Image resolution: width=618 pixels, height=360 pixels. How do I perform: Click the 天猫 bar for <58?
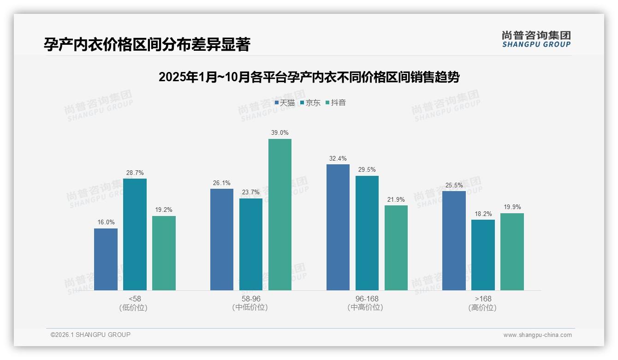[106, 259]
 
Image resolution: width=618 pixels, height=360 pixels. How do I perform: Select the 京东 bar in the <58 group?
[135, 234]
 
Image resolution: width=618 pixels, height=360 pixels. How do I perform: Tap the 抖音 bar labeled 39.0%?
[280, 215]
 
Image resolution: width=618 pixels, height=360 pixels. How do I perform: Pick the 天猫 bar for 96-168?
[338, 227]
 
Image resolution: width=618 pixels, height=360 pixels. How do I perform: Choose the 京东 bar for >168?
[483, 255]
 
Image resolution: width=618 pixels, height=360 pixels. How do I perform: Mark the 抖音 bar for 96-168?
[396, 248]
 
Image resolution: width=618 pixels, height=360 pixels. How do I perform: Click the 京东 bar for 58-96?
[251, 244]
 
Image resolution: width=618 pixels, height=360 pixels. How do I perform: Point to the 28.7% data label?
[135, 173]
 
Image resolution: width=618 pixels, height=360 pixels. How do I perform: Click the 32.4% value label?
[338, 159]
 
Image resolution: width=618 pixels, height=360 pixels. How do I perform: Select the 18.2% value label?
[483, 214]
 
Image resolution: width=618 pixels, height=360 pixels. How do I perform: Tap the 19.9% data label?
[512, 207]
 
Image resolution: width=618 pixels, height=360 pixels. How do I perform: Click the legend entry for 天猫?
[285, 103]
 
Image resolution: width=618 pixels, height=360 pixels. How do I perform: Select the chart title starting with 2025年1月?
[309, 77]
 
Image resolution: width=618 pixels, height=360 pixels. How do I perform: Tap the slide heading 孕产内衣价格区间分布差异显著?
[147, 45]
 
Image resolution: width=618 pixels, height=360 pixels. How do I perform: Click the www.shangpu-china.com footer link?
[537, 335]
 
